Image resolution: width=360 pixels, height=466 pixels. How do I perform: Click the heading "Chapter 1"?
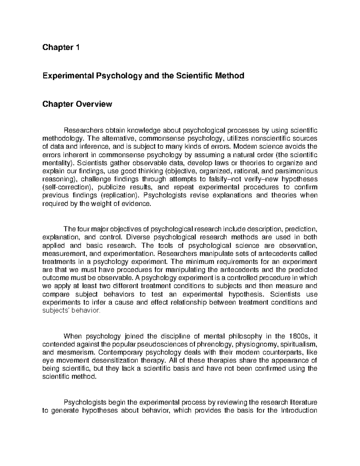coord(61,47)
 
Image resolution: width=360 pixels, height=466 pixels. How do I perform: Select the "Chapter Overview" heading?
coord(77,104)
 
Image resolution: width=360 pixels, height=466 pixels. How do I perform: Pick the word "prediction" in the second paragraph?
coord(301,230)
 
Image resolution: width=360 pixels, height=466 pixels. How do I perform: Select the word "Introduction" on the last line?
coord(298,410)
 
